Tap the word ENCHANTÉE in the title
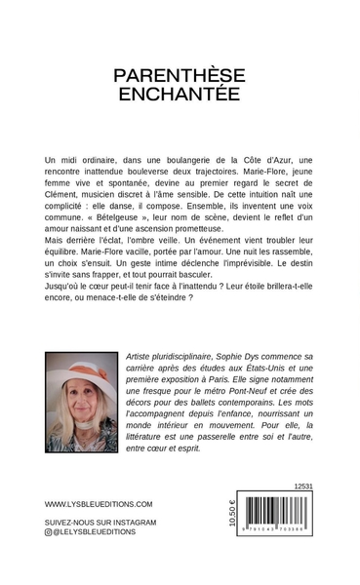coord(180,95)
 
